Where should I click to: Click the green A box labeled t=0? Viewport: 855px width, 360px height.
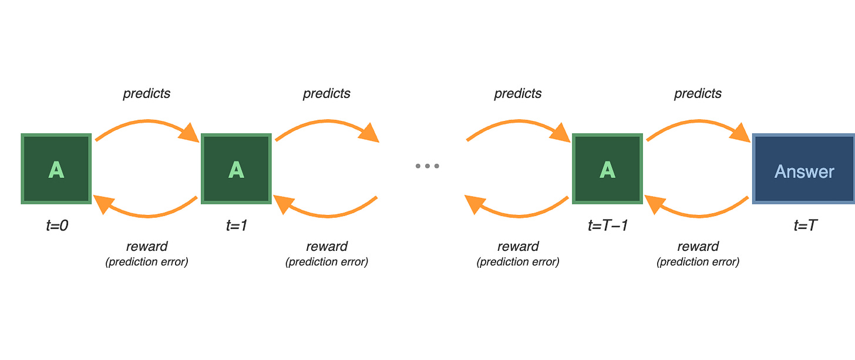click(x=56, y=169)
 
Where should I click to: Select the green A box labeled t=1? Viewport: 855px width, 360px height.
click(x=235, y=169)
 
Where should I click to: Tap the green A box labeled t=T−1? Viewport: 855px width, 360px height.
click(x=607, y=169)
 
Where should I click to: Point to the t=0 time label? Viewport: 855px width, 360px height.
click(x=57, y=225)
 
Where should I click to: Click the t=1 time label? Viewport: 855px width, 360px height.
click(x=236, y=225)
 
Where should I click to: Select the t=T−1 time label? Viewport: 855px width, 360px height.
click(x=607, y=225)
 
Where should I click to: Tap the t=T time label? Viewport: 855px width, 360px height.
click(x=804, y=225)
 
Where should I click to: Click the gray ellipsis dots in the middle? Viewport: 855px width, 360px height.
click(x=427, y=166)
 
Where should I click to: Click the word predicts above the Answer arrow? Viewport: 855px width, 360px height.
click(x=698, y=93)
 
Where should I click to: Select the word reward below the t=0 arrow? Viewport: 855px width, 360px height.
click(x=147, y=246)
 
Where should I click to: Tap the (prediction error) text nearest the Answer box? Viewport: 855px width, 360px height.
click(x=698, y=262)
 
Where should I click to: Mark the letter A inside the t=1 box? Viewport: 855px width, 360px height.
click(x=235, y=170)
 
